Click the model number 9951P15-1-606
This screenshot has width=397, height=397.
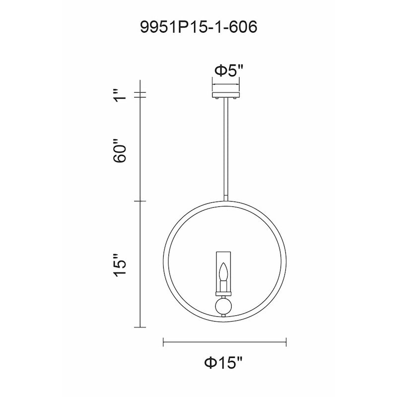[199, 27]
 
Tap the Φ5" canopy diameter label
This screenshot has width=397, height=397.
[229, 70]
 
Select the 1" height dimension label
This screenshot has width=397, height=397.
[120, 95]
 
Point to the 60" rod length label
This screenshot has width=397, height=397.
[120, 150]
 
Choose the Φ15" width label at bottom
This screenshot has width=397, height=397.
[224, 363]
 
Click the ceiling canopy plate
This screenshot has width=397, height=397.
[225, 95]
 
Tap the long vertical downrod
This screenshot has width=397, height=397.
[225, 149]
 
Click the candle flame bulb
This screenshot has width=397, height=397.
[223, 272]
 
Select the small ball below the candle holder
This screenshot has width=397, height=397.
[223, 306]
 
